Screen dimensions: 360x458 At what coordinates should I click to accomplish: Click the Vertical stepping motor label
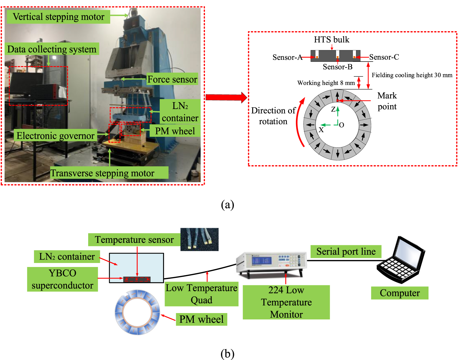[x=58, y=17]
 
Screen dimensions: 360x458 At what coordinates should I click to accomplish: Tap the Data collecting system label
[x=52, y=49]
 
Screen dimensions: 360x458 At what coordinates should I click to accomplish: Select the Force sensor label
[x=172, y=79]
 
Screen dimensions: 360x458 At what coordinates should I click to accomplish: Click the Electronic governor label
[x=55, y=136]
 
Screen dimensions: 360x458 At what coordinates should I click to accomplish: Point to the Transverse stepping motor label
[x=102, y=173]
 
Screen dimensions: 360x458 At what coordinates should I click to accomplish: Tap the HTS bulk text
[x=331, y=39]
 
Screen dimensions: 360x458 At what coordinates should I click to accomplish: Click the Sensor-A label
[x=287, y=57]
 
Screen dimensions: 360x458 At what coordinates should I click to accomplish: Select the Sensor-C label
[x=384, y=57]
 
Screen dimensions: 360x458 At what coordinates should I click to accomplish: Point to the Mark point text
[x=387, y=101]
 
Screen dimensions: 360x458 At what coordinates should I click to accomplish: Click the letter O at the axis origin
[x=341, y=125]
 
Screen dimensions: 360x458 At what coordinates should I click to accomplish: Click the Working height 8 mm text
[x=326, y=83]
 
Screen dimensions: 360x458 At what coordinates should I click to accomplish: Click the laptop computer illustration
[x=401, y=260]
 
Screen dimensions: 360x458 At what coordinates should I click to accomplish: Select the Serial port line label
[x=346, y=252]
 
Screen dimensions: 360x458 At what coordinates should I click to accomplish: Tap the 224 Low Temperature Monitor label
[x=286, y=302]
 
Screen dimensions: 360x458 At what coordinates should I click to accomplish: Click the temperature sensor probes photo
[x=200, y=240]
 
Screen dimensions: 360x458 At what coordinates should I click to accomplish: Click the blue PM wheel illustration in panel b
[x=137, y=312]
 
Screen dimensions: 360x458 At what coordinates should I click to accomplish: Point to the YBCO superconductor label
[x=62, y=279]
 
